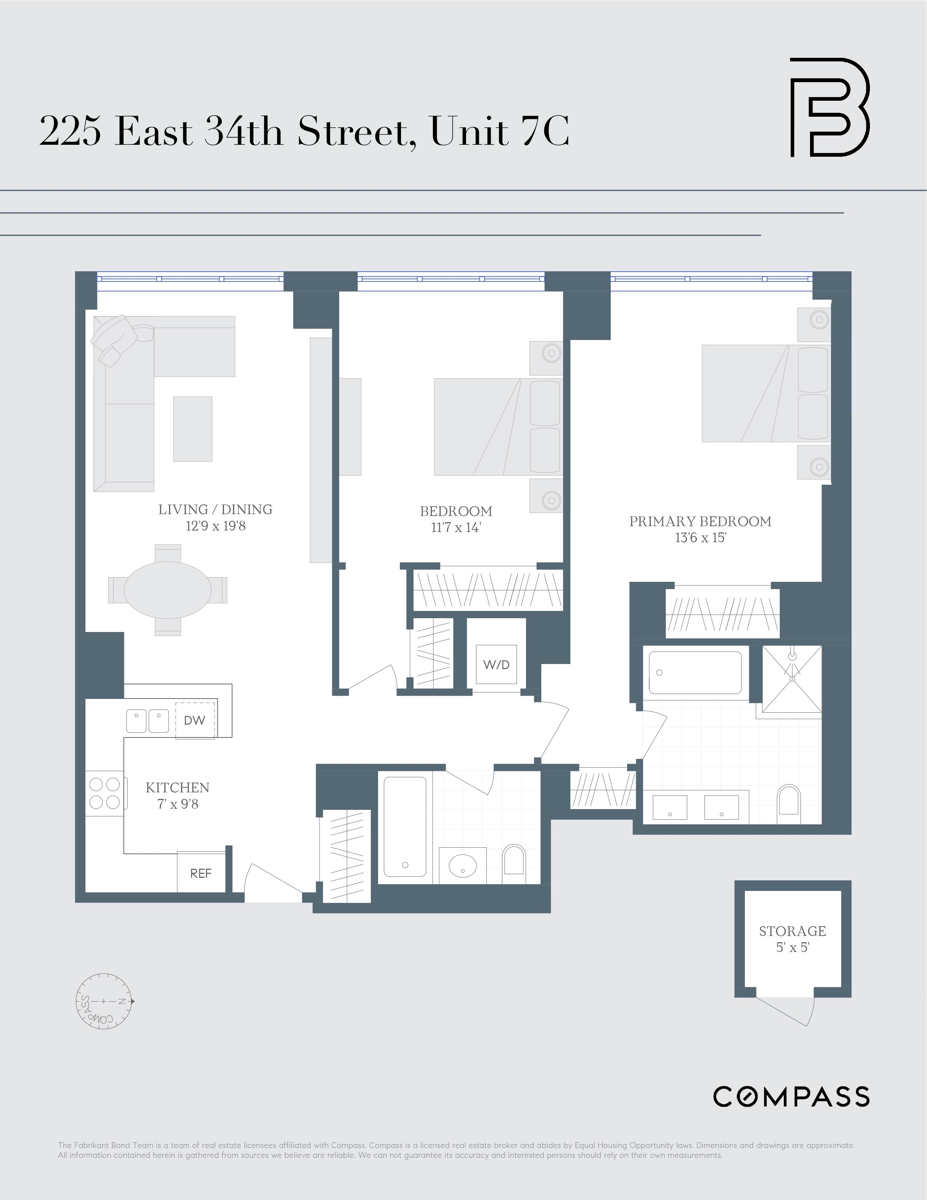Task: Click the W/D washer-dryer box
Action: (496, 664)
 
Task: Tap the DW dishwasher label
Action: (194, 720)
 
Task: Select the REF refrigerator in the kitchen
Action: (200, 873)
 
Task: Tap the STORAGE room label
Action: (792, 931)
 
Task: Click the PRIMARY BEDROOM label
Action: (700, 521)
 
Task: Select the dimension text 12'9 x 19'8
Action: (215, 526)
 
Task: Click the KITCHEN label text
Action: (177, 787)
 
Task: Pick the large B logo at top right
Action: (829, 107)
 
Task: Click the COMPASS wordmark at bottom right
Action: (791, 1096)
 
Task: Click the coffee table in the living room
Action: (193, 429)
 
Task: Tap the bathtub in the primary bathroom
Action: (695, 672)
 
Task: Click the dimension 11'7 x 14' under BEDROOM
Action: (456, 528)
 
